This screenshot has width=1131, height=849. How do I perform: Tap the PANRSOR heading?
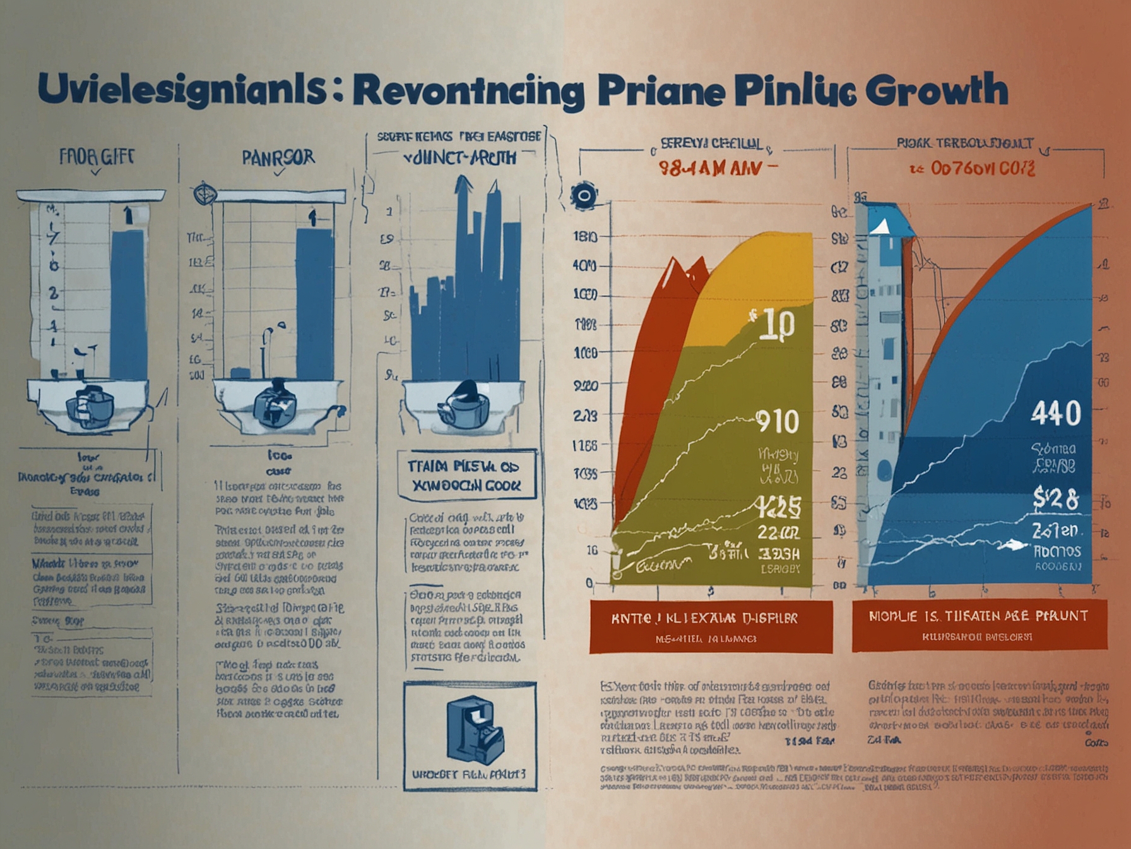(x=278, y=157)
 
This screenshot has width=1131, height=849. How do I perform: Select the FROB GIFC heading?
(x=97, y=156)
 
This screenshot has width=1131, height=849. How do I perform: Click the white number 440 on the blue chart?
(x=1056, y=414)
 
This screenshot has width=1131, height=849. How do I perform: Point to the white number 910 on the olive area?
(x=777, y=421)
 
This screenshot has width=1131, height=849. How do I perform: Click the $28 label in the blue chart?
(x=1056, y=499)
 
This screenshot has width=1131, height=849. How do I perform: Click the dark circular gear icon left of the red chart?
(x=583, y=195)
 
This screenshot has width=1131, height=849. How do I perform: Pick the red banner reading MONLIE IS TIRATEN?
(x=979, y=625)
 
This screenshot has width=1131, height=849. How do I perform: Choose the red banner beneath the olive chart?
(x=711, y=626)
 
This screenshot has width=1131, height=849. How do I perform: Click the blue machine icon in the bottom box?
(x=473, y=730)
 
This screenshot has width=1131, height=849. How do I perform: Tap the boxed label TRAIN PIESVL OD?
(x=466, y=475)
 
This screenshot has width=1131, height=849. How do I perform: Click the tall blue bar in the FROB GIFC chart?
(x=128, y=303)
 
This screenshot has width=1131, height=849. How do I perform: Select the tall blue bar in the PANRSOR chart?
(x=314, y=303)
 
